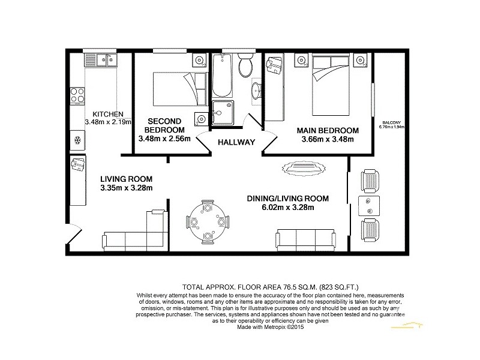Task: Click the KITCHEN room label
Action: point(108,114)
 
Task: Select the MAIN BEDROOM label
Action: point(328,130)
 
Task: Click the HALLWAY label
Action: point(236,143)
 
